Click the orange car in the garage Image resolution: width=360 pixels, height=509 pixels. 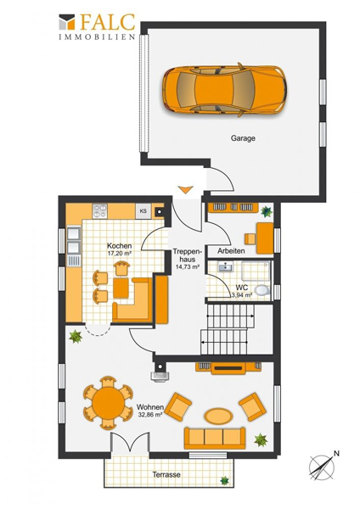point(224,90)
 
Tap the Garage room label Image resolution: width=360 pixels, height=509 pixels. point(243,138)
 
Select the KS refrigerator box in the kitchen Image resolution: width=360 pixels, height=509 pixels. point(143,211)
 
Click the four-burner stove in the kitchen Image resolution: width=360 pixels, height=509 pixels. point(99,211)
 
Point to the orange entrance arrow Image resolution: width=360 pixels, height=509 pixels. point(186,189)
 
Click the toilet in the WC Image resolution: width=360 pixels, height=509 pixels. point(262,290)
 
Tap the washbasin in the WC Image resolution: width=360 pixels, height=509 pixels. point(225,267)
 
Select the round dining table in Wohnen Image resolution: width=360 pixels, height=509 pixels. point(108,403)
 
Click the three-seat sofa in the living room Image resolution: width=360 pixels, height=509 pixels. point(215,438)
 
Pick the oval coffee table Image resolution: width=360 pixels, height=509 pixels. point(218,417)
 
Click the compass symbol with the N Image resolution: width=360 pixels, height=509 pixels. point(323,467)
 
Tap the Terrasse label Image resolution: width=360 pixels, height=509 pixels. point(166,474)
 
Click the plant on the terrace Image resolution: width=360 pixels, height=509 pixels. point(224,480)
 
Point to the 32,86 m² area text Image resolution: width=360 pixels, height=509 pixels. point(150,415)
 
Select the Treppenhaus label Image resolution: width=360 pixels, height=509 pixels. point(188,255)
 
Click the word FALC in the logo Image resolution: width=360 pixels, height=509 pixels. point(107,22)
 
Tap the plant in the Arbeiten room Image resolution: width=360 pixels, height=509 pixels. point(267,211)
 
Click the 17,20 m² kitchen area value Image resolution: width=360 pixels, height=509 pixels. point(119,253)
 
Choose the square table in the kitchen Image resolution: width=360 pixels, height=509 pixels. point(121,288)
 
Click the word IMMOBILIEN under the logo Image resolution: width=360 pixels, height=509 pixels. point(97,36)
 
